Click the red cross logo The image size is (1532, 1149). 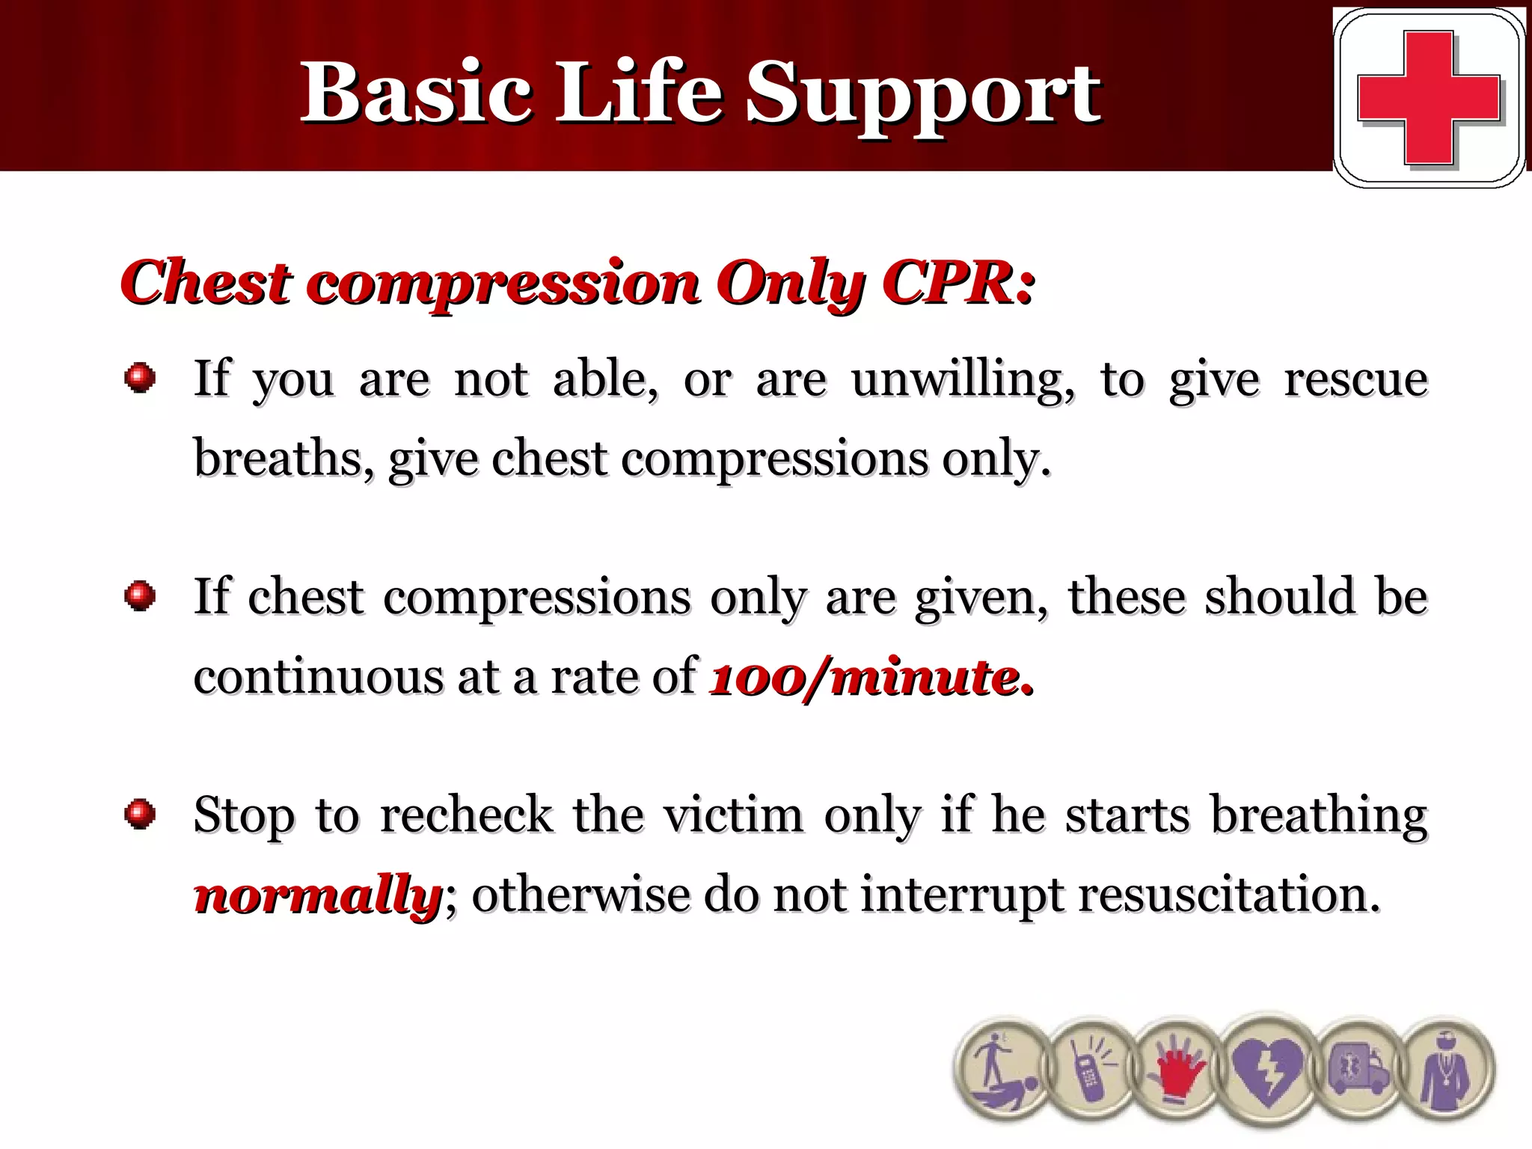click(1428, 97)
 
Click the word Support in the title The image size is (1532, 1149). click(922, 94)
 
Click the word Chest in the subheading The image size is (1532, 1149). click(205, 283)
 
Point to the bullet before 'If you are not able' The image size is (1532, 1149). click(140, 378)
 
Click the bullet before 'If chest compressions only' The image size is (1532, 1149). click(140, 596)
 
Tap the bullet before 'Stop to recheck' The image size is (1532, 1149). click(140, 814)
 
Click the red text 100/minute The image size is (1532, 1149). click(871, 678)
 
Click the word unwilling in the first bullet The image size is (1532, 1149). click(961, 379)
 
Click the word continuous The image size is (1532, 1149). click(318, 678)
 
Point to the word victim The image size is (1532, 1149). click(733, 815)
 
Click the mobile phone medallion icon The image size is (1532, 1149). click(1091, 1070)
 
